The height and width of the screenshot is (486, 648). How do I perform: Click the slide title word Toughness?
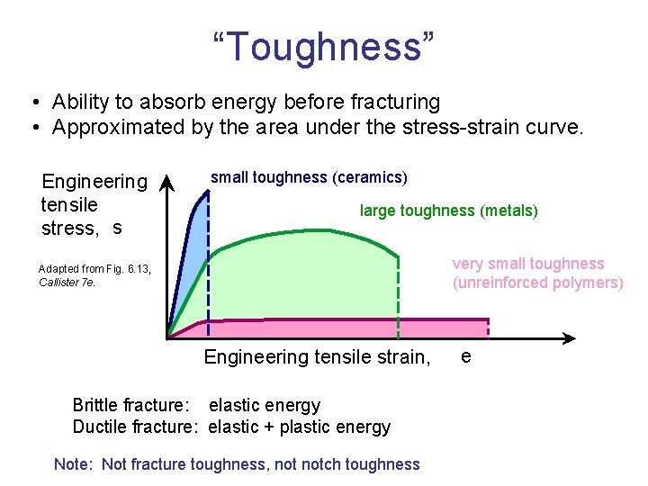pyautogui.click(x=324, y=46)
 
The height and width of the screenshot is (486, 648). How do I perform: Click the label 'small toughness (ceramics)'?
pyautogui.click(x=309, y=177)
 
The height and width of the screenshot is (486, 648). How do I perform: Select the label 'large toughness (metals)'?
pyautogui.click(x=448, y=211)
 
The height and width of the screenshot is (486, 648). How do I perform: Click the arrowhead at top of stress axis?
pyautogui.click(x=167, y=184)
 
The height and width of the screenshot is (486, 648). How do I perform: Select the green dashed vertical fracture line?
pyautogui.click(x=398, y=297)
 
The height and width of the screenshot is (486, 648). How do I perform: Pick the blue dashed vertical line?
pyautogui.click(x=208, y=270)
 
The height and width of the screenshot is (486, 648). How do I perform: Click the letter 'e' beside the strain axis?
pyautogui.click(x=465, y=356)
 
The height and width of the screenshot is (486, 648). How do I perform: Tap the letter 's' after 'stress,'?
pyautogui.click(x=117, y=228)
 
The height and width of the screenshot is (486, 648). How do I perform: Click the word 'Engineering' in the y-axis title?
pyautogui.click(x=94, y=183)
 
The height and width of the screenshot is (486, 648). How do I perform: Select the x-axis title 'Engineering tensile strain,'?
pyautogui.click(x=317, y=357)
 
